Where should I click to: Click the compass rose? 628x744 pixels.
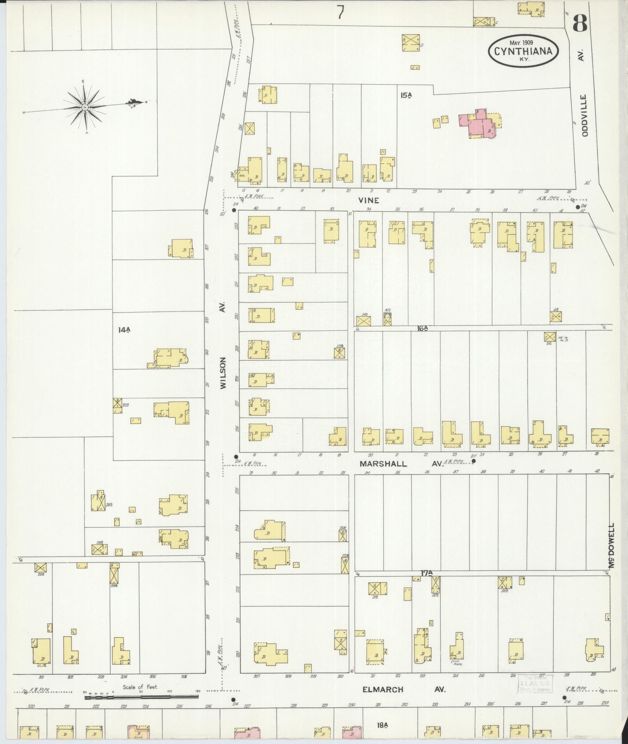(x=85, y=107)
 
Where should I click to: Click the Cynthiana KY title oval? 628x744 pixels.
(x=523, y=51)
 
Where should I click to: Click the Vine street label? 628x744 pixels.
(x=369, y=201)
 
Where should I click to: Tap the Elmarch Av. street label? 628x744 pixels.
(x=403, y=690)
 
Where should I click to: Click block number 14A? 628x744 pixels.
(x=124, y=330)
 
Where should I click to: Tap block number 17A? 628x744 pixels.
(x=427, y=572)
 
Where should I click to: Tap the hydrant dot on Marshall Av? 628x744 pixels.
(x=473, y=461)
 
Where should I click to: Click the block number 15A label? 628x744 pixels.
(x=406, y=94)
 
